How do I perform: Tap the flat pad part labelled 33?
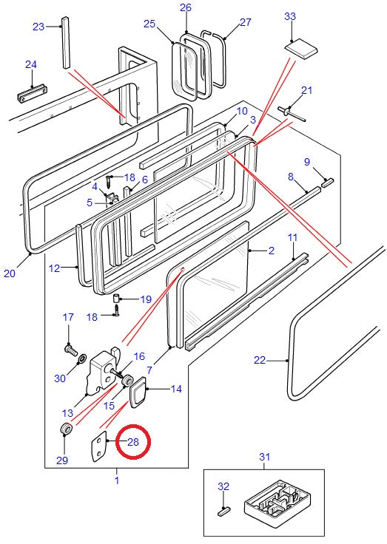[301, 49]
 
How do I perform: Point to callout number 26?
[186, 8]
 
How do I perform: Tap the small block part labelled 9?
[328, 180]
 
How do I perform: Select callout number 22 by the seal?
[259, 361]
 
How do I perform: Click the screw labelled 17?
[70, 344]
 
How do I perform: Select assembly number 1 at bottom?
[115, 480]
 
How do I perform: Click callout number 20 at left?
[9, 273]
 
